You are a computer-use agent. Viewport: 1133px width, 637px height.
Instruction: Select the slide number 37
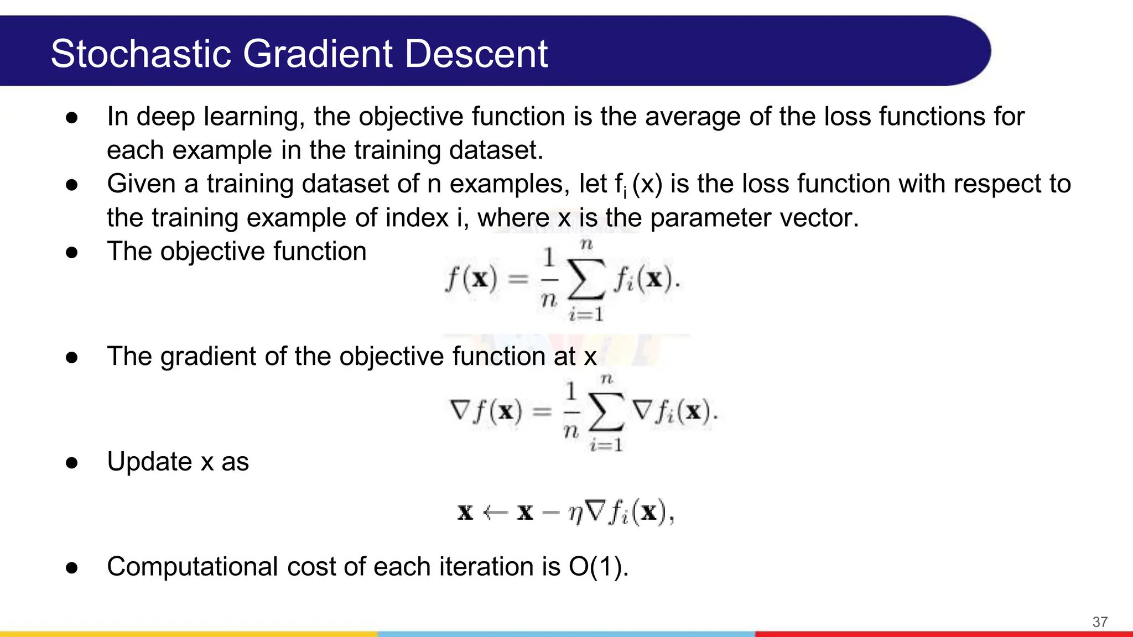(x=1100, y=622)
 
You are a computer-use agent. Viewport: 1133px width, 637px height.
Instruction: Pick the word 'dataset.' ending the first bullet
(x=496, y=150)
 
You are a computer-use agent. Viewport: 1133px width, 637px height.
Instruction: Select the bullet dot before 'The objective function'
(x=71, y=253)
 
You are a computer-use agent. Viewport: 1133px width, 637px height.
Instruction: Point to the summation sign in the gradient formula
(x=606, y=413)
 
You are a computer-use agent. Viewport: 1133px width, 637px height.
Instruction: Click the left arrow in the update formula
(x=495, y=513)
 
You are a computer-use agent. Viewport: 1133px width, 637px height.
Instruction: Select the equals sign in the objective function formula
(x=518, y=279)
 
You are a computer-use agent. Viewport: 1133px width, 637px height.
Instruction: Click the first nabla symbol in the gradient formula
(x=460, y=411)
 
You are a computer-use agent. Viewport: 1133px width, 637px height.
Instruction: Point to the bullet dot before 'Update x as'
(x=71, y=463)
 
